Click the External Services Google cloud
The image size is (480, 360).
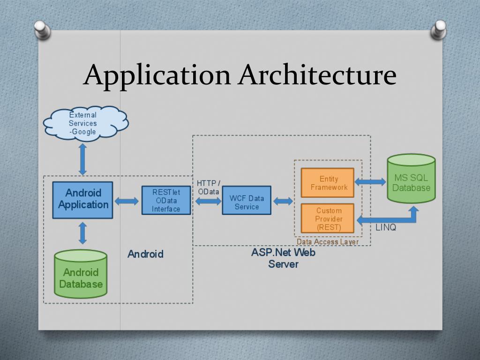coord(84,123)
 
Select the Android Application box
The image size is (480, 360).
coord(83,199)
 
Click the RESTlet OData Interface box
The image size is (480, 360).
coord(166,200)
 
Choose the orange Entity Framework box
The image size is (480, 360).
coord(327,183)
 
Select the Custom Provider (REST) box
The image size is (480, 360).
coord(327,218)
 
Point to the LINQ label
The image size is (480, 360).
coord(386,228)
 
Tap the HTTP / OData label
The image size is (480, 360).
coord(208,187)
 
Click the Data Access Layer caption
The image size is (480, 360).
coord(327,242)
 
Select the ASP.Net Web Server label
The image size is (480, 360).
coord(283,258)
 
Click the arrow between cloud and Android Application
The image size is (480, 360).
coord(83,159)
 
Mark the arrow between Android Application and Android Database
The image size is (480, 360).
coord(83,233)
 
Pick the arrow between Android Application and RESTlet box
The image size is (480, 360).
coord(127,201)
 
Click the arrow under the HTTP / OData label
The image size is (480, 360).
coord(208,201)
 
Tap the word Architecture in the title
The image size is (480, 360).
coord(317,75)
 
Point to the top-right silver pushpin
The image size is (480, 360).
coord(439,29)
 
